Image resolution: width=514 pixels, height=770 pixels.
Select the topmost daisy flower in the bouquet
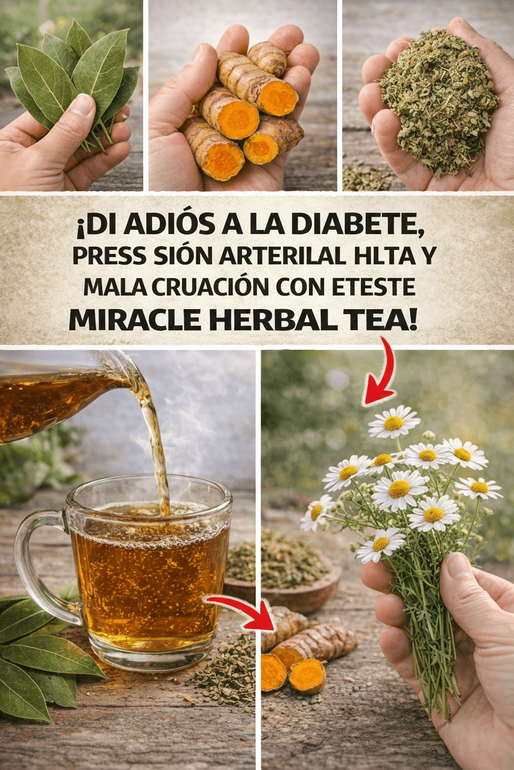(x=394, y=422)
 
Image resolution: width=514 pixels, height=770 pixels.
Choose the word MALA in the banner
(x=115, y=287)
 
